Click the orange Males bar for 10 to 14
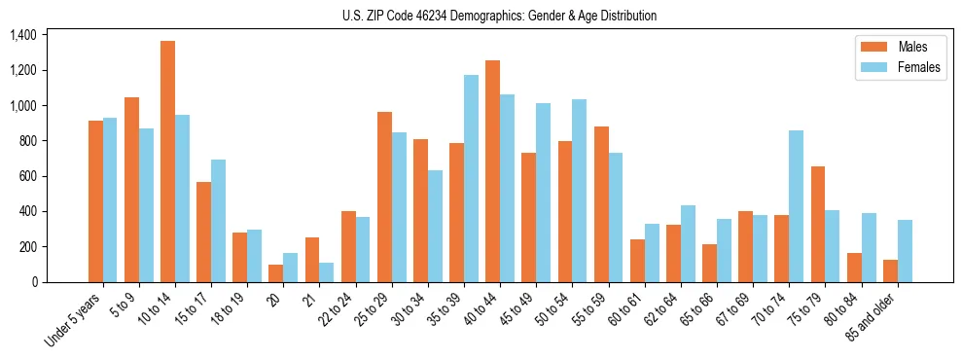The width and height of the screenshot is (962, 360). (x=168, y=162)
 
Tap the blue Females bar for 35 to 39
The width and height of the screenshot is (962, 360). (x=472, y=178)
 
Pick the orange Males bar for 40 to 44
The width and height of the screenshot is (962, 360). (x=493, y=171)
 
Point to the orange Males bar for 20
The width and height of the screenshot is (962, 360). (x=276, y=273)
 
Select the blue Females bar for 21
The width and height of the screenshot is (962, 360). (x=327, y=272)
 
